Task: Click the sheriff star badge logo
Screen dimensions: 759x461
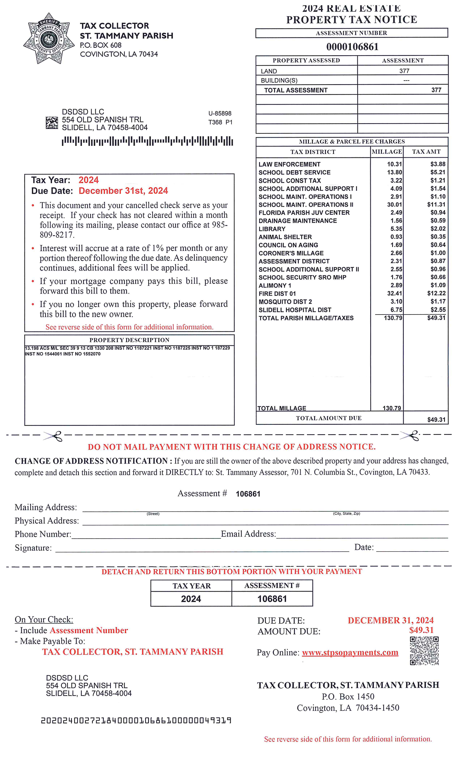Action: coord(49,38)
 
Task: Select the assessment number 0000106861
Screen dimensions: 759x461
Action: coord(352,47)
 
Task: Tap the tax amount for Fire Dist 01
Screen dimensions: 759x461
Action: coord(436,293)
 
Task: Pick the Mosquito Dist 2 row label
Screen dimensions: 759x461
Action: coord(285,302)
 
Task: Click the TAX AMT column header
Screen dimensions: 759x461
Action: coord(426,152)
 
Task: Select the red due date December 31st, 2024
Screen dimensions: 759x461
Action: coord(123,191)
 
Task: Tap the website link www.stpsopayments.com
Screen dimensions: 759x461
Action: coord(350,652)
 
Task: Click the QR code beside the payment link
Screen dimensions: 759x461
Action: coord(424,651)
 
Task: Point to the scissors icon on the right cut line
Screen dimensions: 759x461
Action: coord(410,436)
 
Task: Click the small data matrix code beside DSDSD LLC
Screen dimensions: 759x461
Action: coord(52,123)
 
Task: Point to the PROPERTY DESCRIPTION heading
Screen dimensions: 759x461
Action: coord(129,340)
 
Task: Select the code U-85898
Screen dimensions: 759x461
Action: coord(220,113)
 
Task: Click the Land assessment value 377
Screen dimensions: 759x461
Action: coord(404,71)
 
